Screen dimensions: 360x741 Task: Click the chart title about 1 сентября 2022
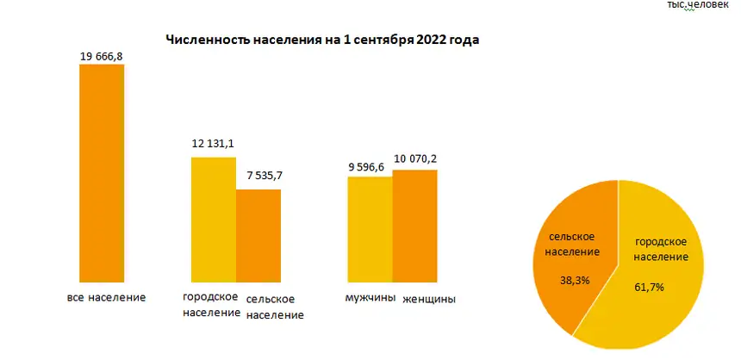coord(321,40)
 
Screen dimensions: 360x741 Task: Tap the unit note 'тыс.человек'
coord(697,5)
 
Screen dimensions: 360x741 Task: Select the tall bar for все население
coord(102,172)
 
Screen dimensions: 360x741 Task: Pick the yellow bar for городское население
coord(214,220)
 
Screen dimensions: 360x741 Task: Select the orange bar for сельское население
coord(258,235)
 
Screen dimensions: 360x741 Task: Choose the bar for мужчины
coord(370,229)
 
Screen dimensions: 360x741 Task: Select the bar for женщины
coord(415,226)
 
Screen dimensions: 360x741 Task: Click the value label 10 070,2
coord(417,158)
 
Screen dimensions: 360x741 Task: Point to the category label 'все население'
coord(106,297)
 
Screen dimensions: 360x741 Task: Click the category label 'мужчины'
coord(370,298)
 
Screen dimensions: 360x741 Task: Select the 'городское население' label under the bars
coord(211,304)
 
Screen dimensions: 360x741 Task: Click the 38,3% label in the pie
coord(568,280)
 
